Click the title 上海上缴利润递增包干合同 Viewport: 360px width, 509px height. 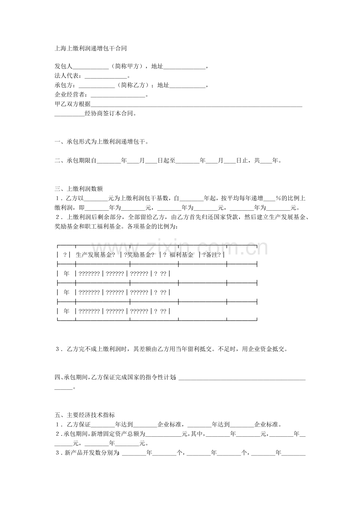[90, 49]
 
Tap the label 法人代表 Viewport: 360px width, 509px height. [68, 76]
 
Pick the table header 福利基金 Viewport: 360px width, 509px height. [181, 255]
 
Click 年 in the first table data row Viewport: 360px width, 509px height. [66, 274]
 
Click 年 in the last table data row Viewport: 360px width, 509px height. [66, 311]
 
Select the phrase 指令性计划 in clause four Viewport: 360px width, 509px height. [160, 377]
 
